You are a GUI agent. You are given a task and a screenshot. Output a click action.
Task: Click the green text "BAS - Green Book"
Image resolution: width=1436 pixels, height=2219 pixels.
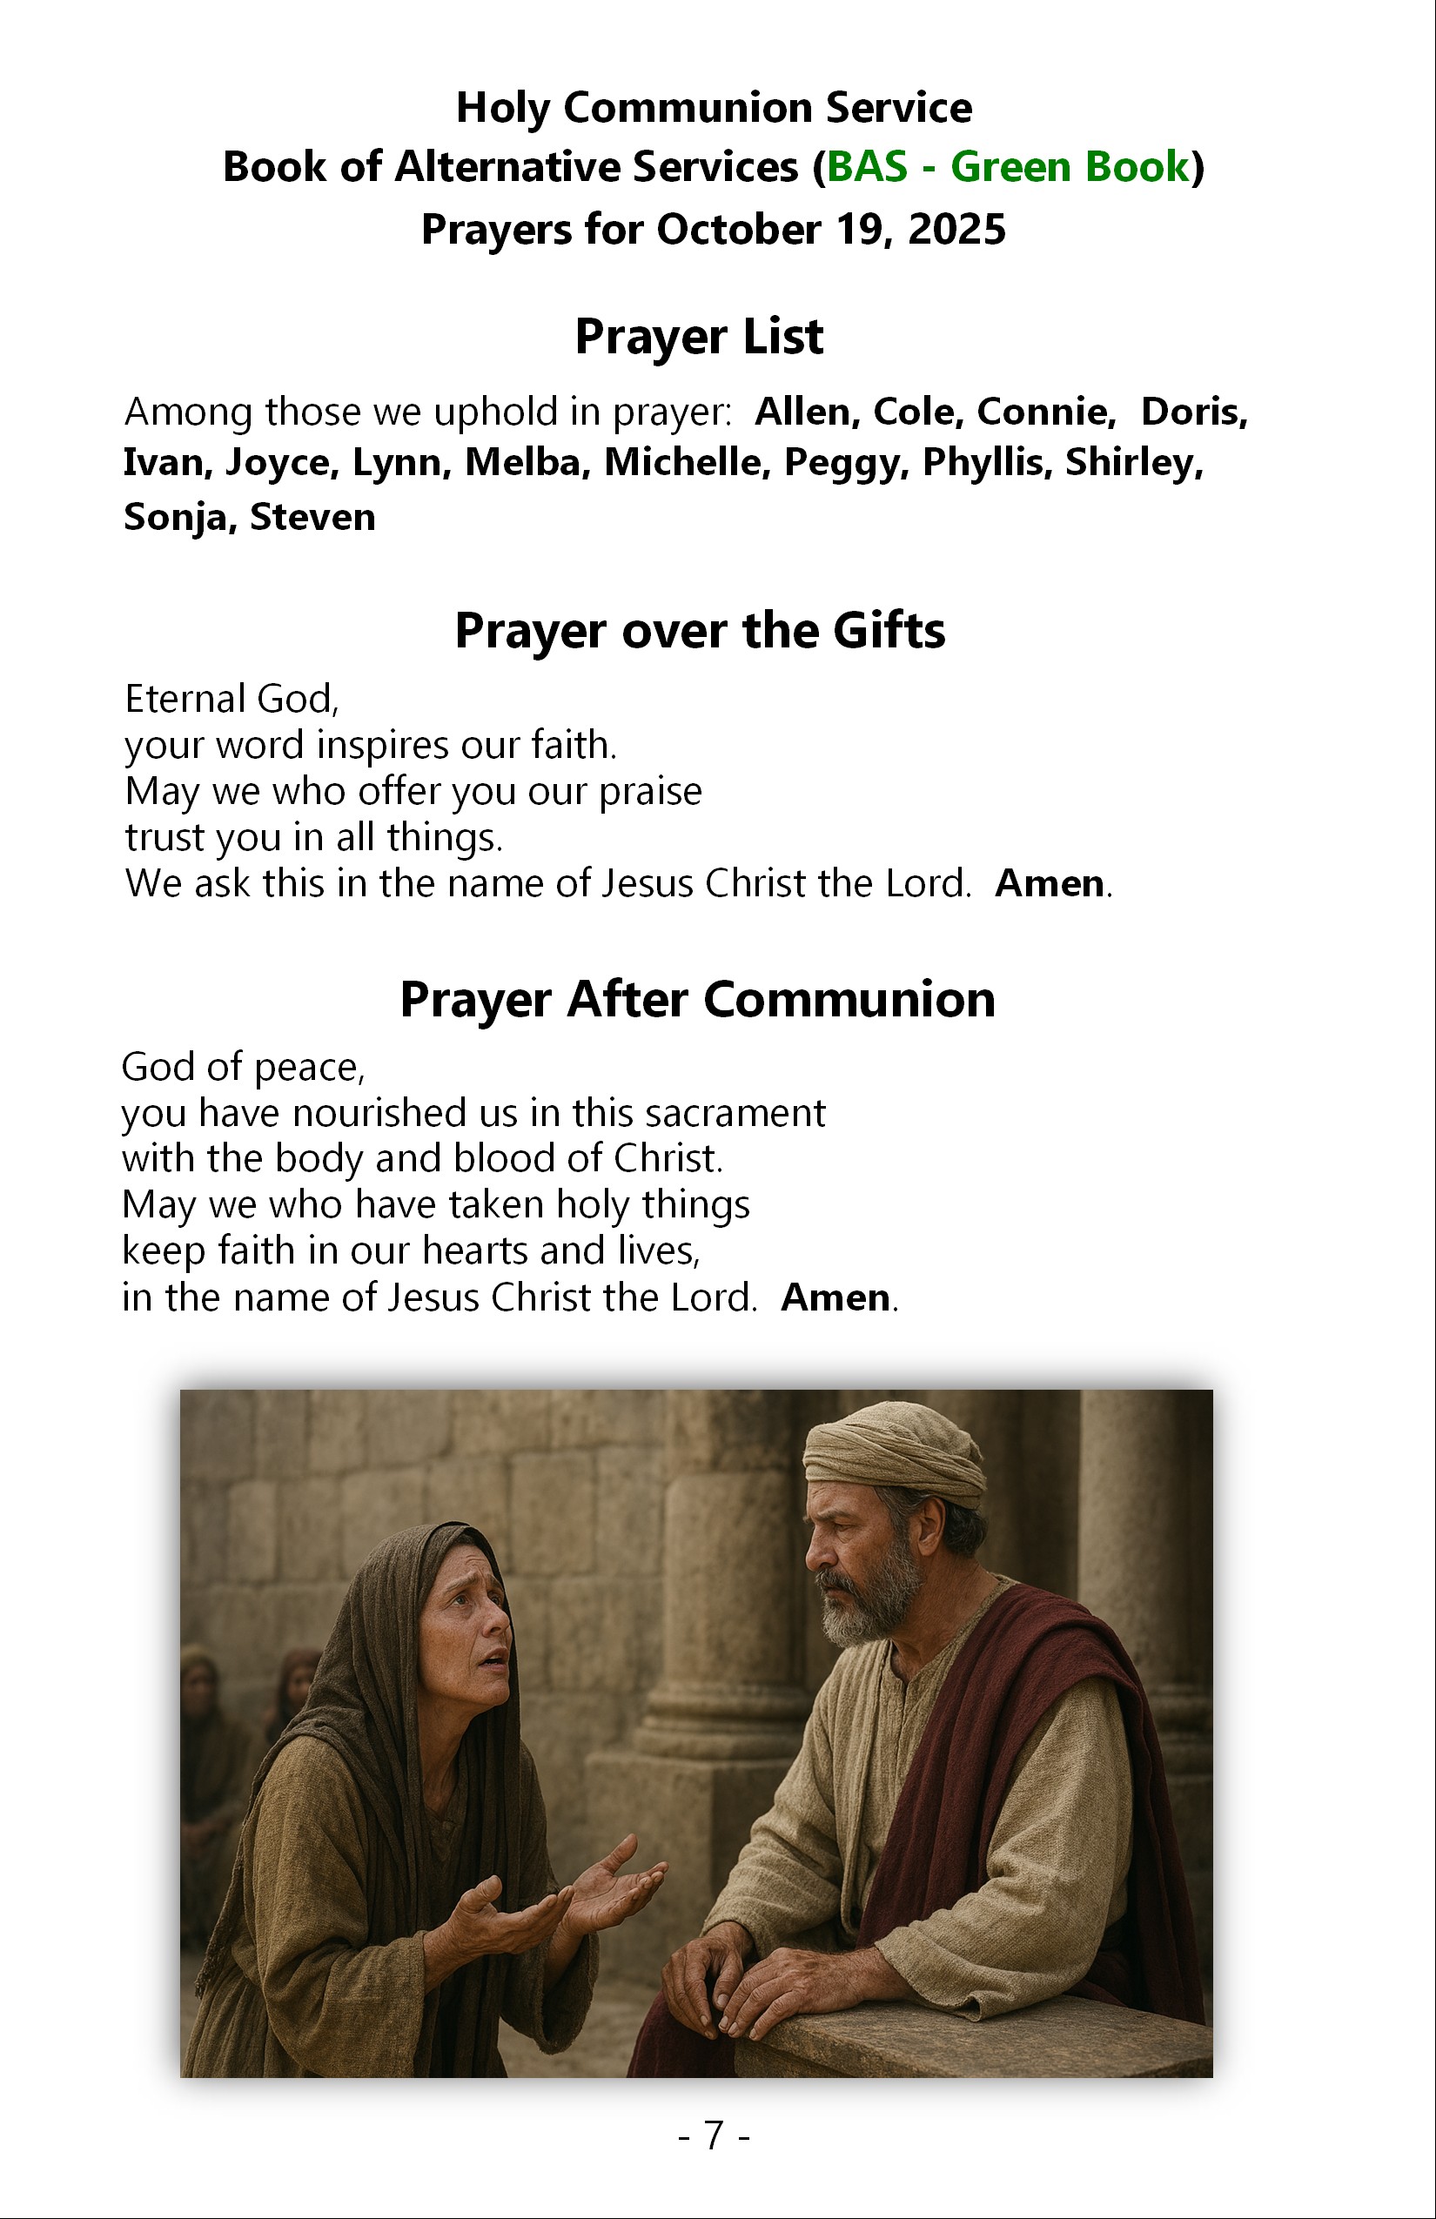pos(1008,168)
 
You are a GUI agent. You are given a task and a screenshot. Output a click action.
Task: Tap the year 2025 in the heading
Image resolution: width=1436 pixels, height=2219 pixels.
pos(956,230)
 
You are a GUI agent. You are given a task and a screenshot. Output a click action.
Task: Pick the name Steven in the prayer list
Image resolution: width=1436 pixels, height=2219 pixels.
pos(312,517)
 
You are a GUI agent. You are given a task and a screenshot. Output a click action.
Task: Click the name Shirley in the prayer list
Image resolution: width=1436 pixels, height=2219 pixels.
pos(1133,462)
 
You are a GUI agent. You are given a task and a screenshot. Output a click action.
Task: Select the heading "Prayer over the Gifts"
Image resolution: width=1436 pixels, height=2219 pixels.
pos(700,631)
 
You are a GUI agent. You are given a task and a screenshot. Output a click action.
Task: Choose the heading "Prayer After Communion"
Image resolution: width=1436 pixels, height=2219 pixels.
pos(697,1000)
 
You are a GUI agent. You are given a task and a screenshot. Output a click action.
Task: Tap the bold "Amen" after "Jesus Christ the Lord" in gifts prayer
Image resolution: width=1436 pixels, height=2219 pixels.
pos(1049,884)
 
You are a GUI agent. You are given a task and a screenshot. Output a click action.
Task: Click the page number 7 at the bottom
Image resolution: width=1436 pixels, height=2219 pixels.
pos(714,2135)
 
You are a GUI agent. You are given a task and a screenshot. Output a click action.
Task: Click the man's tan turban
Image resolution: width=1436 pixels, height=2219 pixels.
pos(890,1454)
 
